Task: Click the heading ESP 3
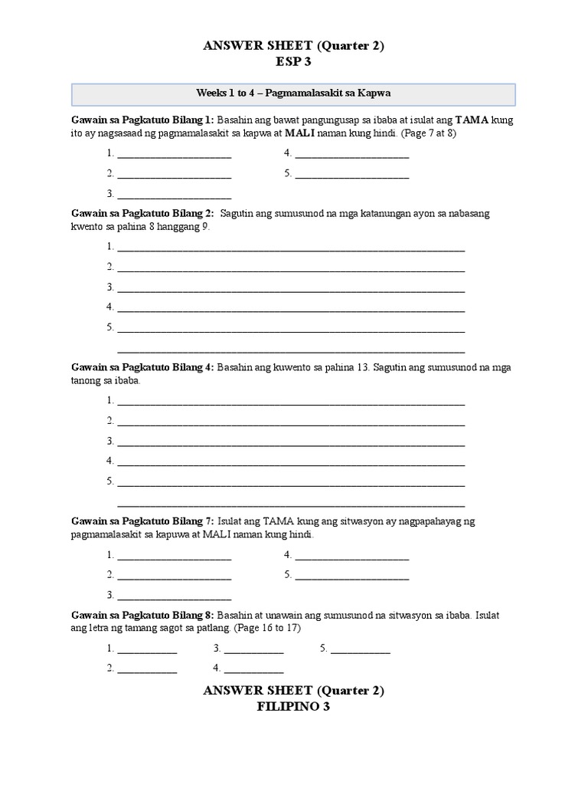293,62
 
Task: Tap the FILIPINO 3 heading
293,707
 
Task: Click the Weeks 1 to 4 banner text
294,93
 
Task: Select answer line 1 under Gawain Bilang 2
291,248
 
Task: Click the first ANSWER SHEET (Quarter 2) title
293,46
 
